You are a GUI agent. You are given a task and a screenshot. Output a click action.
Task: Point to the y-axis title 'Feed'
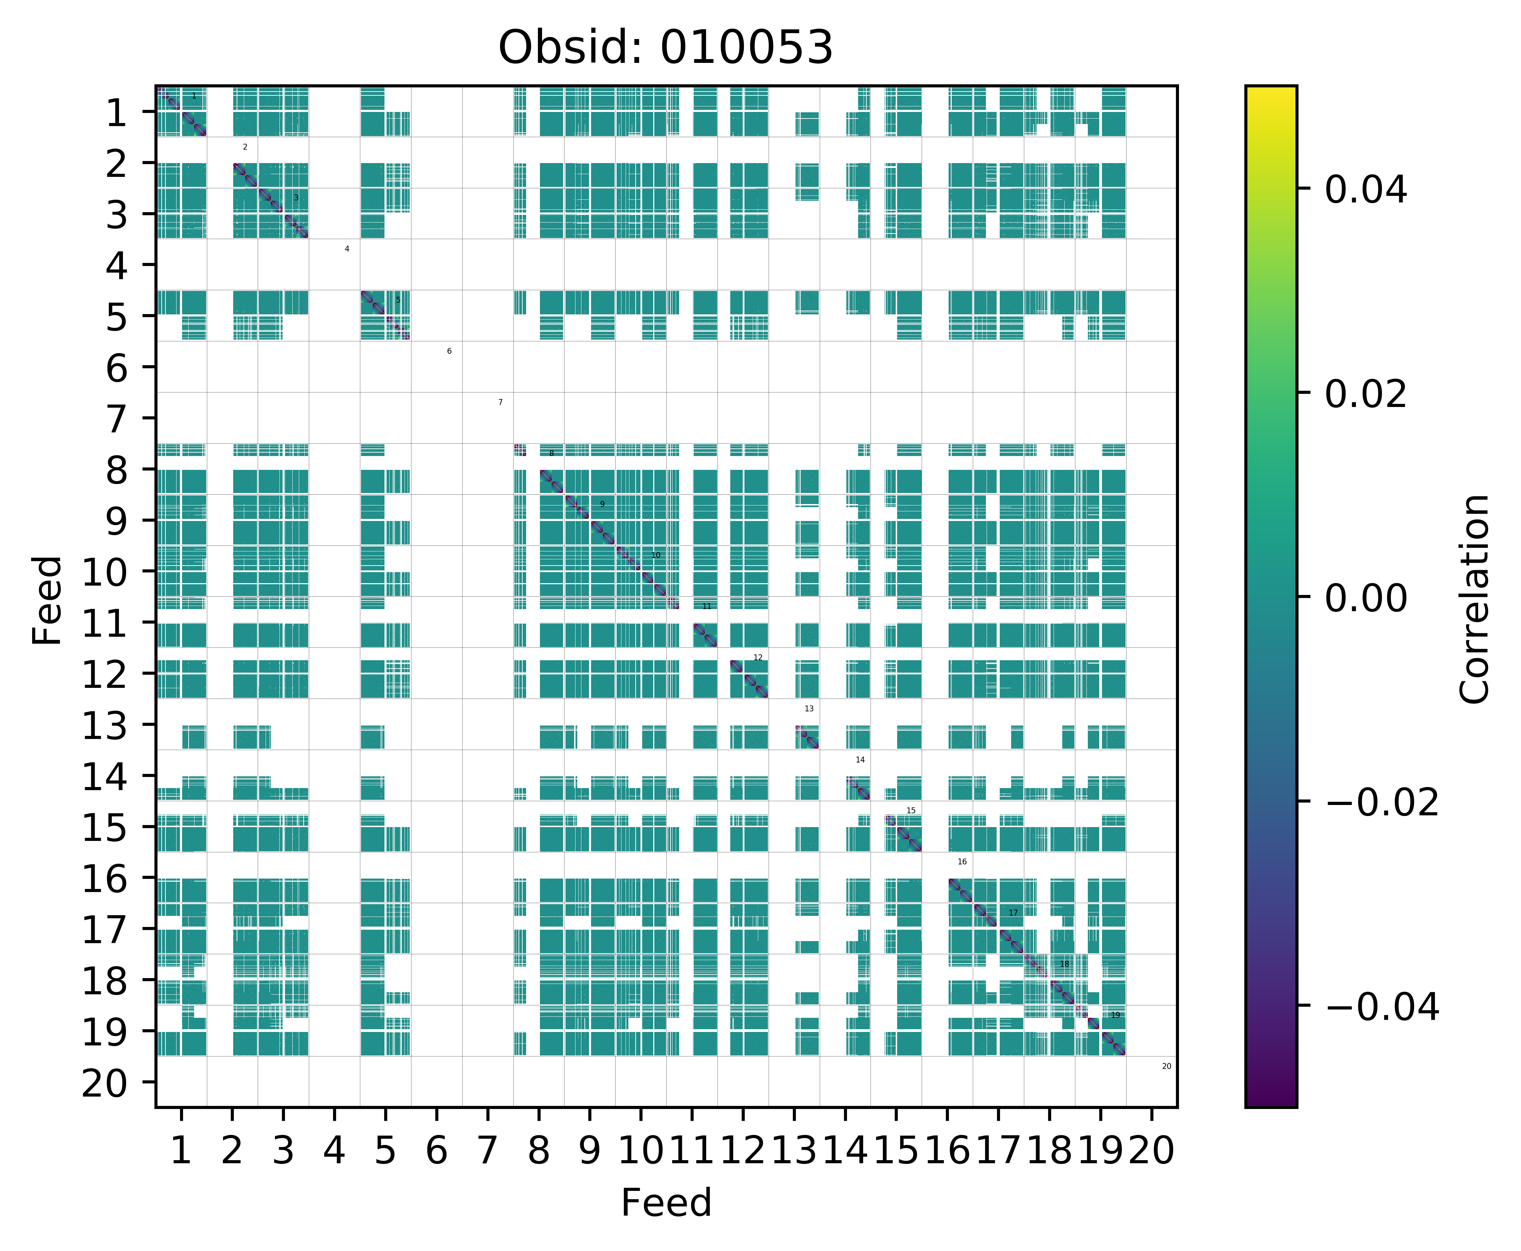pyautogui.click(x=48, y=599)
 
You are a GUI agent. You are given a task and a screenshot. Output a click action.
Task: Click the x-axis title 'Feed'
pyautogui.click(x=666, y=1202)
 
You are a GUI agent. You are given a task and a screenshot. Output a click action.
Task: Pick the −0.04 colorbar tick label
pyautogui.click(x=1382, y=1006)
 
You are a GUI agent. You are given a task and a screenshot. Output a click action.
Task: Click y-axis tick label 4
pyautogui.click(x=117, y=266)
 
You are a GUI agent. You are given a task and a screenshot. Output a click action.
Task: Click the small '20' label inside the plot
pyautogui.click(x=1167, y=1066)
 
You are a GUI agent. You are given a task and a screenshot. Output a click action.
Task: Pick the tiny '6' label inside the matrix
pyautogui.click(x=449, y=351)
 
